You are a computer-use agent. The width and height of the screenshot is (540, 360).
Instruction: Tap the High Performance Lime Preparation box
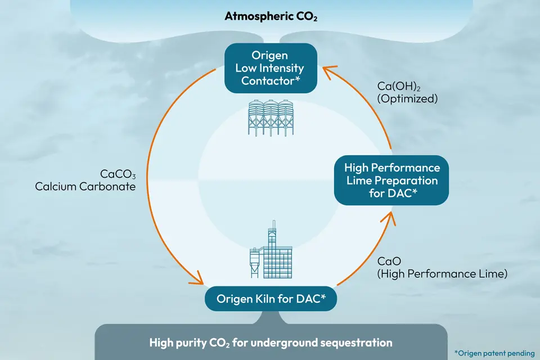tap(391, 181)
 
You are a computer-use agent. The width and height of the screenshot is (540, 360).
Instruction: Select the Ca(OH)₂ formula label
tap(399, 86)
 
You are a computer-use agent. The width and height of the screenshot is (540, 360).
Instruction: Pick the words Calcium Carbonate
tap(85, 186)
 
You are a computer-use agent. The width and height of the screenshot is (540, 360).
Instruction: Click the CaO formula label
tap(385, 262)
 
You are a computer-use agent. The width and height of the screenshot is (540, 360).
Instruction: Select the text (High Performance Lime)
tap(442, 274)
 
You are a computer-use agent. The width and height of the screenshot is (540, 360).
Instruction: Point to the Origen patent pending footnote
tap(494, 353)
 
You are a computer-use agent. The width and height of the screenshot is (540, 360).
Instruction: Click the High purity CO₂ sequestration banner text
tap(271, 342)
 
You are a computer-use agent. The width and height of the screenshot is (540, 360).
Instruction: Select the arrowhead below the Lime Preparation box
tap(390, 218)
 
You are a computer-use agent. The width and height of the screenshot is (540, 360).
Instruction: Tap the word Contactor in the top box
tap(270, 81)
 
